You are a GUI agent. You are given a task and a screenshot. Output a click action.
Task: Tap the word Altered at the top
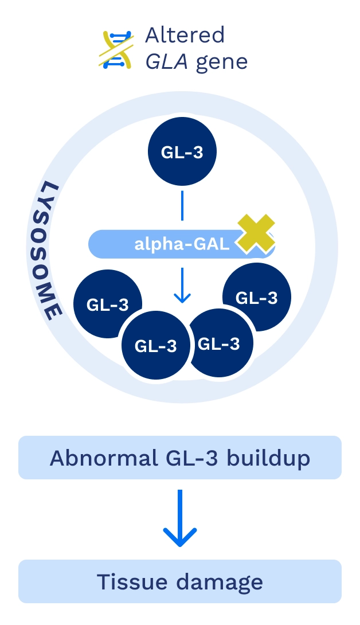(x=185, y=35)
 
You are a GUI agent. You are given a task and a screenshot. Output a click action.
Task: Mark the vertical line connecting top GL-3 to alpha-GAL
(x=182, y=205)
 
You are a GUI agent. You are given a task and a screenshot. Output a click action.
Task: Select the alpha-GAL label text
(x=181, y=244)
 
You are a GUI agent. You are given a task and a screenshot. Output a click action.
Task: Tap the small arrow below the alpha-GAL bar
(x=182, y=285)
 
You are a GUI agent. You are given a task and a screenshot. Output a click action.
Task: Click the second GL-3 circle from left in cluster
(x=155, y=346)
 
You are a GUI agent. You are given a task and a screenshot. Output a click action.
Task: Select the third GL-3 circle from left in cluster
(x=218, y=343)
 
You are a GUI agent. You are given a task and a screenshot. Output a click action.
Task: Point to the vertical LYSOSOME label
(x=52, y=251)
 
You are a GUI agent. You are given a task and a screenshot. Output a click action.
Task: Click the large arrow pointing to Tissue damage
(x=180, y=518)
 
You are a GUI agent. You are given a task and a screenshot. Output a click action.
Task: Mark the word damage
(x=220, y=581)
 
